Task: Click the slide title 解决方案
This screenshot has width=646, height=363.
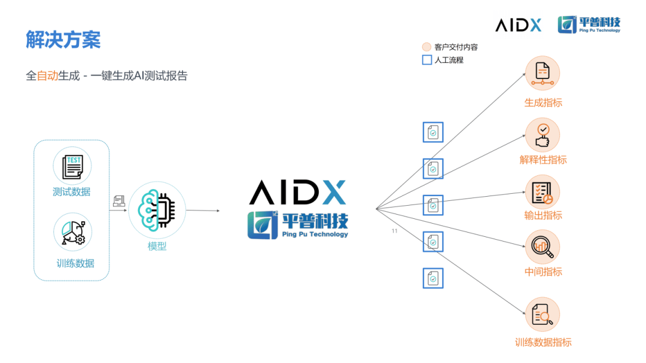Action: coord(63,40)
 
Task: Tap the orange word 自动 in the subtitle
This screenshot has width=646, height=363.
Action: coord(47,76)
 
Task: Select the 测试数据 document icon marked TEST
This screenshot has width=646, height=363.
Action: coord(72,166)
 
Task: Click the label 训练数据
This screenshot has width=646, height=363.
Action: coord(75,263)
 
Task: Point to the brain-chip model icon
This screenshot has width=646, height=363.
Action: coord(157,210)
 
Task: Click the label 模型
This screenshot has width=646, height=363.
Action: coord(157,246)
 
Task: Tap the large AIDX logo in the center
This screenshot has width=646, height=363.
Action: coord(297,192)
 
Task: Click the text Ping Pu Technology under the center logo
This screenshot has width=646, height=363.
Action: coord(315,234)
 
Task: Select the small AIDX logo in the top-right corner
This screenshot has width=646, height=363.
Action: coord(518,25)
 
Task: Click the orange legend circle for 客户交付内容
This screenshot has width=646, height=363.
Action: coord(426,47)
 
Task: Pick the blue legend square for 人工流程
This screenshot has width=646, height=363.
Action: coord(427,60)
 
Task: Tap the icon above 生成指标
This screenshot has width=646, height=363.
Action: coord(543,74)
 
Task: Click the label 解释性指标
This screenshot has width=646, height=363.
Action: coord(543,160)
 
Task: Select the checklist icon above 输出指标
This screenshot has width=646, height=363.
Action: coord(543,193)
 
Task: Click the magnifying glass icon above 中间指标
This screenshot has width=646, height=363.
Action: coord(543,247)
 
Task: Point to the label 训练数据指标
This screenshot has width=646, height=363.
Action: coord(543,342)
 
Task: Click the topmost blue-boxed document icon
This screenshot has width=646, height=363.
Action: coord(433,132)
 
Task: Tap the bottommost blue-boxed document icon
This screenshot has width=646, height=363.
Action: coord(433,278)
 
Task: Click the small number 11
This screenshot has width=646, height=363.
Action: coord(394,231)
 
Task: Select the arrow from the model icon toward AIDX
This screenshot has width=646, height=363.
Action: coord(203,211)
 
